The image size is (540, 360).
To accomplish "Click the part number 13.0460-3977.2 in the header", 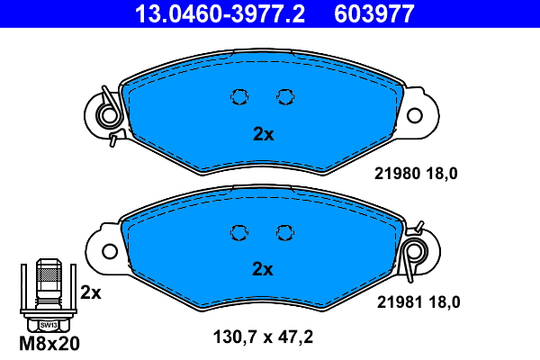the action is click(x=220, y=14).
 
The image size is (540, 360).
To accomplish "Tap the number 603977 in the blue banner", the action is click(x=374, y=14).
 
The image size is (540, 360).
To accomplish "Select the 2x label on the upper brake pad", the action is click(x=264, y=134).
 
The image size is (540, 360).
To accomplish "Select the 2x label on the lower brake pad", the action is click(x=263, y=269).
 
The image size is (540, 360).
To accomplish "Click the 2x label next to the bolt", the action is click(x=91, y=292).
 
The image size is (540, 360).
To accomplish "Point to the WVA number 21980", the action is click(x=398, y=174).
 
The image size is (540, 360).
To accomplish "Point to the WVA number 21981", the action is click(x=400, y=302).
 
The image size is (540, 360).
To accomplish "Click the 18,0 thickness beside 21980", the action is click(x=442, y=174).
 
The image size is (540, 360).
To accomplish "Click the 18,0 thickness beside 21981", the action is click(x=445, y=302).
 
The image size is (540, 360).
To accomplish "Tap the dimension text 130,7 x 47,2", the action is click(x=263, y=337).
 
